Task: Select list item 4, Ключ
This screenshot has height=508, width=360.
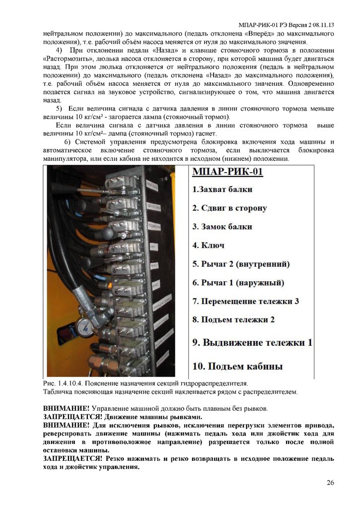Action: click(208, 245)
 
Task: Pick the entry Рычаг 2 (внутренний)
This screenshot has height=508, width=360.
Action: click(241, 264)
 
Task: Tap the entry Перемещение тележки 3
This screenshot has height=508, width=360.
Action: click(246, 301)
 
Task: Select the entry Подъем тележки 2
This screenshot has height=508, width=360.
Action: click(233, 320)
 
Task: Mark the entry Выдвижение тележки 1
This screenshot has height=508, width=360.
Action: click(252, 342)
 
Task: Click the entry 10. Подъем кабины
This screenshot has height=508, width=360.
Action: click(237, 367)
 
